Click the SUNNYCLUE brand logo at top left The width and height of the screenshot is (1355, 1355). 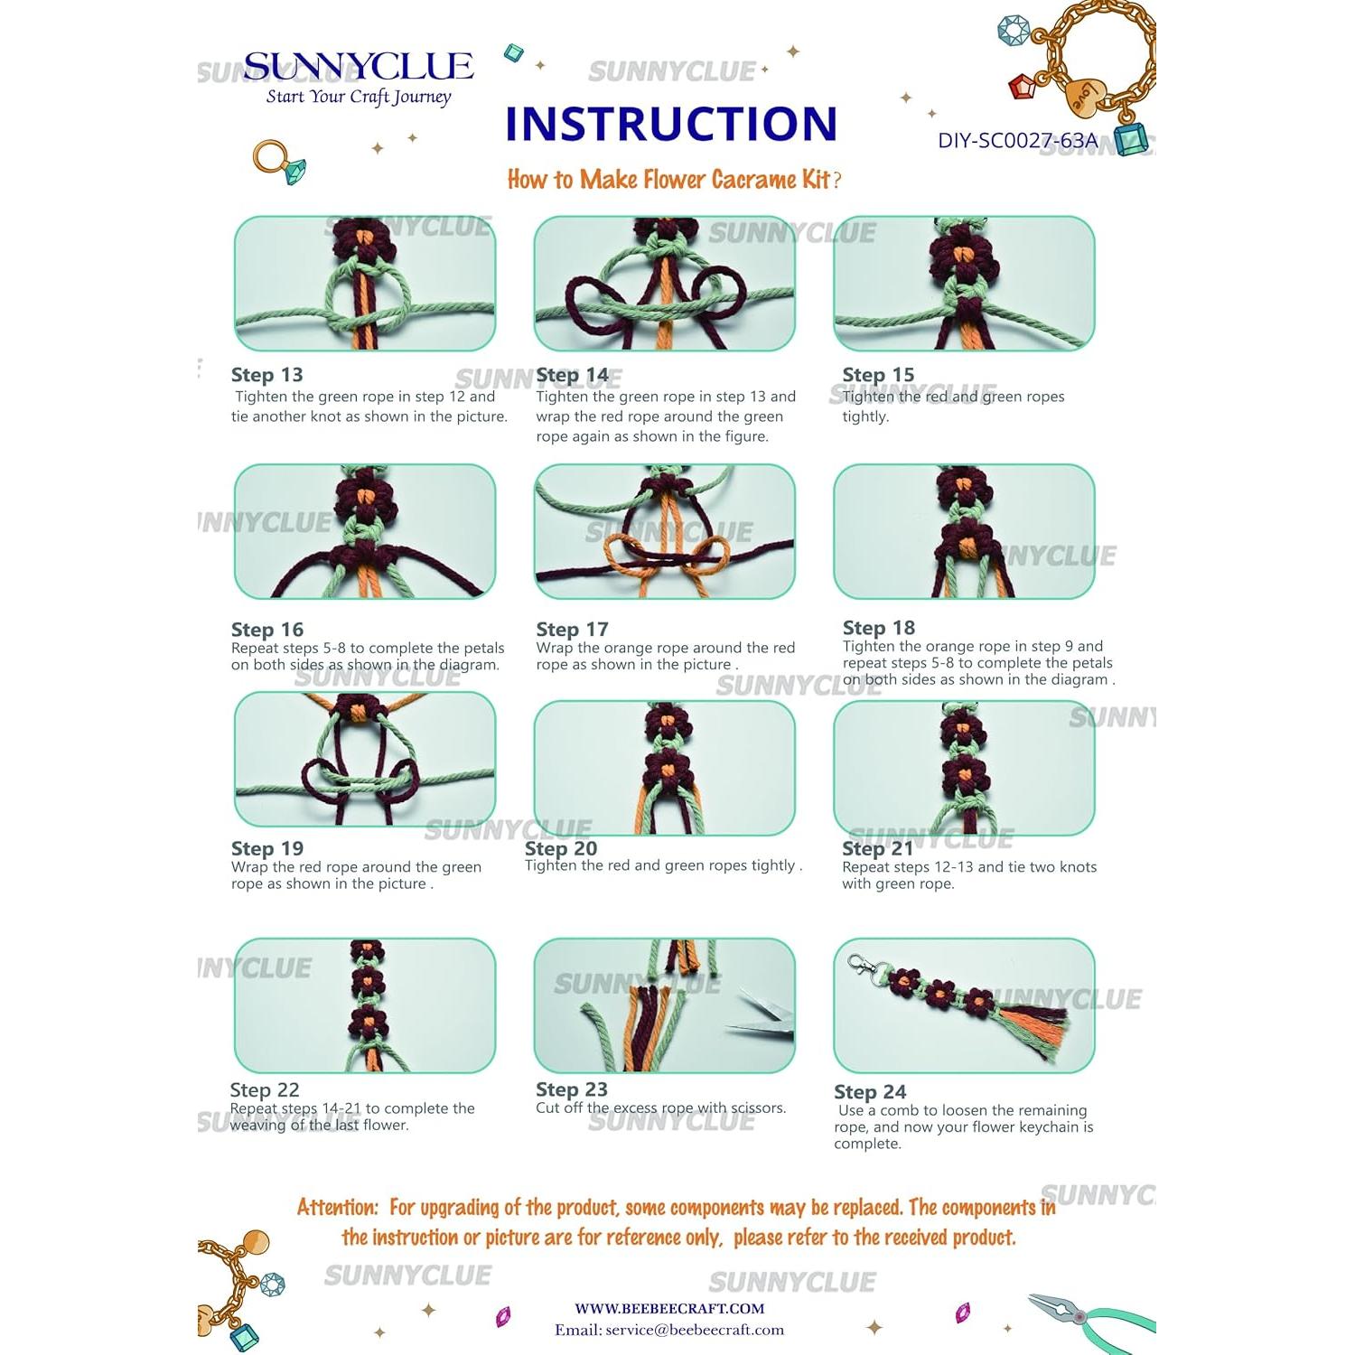tap(358, 67)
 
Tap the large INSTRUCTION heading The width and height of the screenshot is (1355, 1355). tap(671, 124)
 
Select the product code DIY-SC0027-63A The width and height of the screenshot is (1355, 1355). tap(1017, 141)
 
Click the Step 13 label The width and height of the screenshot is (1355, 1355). tap(266, 375)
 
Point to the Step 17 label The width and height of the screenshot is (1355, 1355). tap(572, 630)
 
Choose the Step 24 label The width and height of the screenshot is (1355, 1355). tap(869, 1092)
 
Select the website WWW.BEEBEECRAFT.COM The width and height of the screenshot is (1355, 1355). tap(669, 1308)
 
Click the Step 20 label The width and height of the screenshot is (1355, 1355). tap(561, 849)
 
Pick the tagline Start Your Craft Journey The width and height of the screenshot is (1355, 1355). tap(358, 98)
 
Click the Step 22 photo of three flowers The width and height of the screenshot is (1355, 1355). tap(365, 1005)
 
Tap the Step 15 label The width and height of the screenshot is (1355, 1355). tap(877, 375)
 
